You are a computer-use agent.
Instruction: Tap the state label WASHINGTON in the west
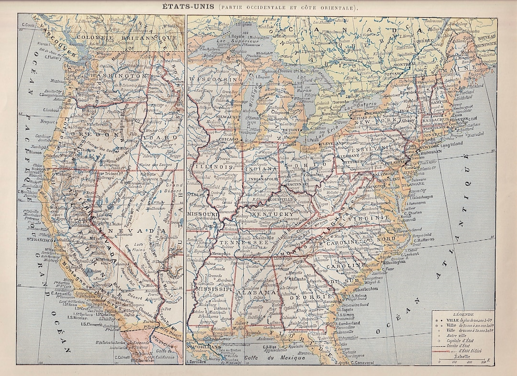[117, 76]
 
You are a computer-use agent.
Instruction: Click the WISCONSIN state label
[211, 79]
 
